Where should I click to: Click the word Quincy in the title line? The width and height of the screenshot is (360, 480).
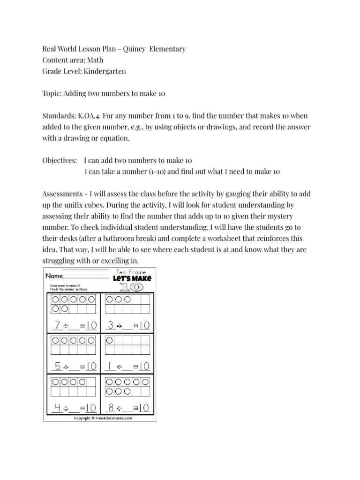coord(134,49)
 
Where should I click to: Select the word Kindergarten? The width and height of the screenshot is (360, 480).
coord(105,71)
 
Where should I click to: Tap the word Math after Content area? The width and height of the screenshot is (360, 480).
coord(95,60)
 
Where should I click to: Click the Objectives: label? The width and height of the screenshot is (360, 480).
coord(60,160)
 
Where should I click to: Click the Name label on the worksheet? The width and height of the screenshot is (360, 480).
coord(54,276)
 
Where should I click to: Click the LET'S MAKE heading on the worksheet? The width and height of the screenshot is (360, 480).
coord(132,279)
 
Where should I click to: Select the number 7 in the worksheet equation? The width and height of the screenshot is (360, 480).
coord(57,325)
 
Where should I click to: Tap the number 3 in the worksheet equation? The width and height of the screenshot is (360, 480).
coord(111,325)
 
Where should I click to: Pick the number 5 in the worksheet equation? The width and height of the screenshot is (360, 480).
coord(57,366)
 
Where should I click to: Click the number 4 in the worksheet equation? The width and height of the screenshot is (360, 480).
coord(57,407)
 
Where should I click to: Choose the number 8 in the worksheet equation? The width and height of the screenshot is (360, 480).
coord(111,407)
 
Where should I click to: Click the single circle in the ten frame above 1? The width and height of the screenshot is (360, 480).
coord(110,339)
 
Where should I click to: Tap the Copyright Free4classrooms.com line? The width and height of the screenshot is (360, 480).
coord(99,418)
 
